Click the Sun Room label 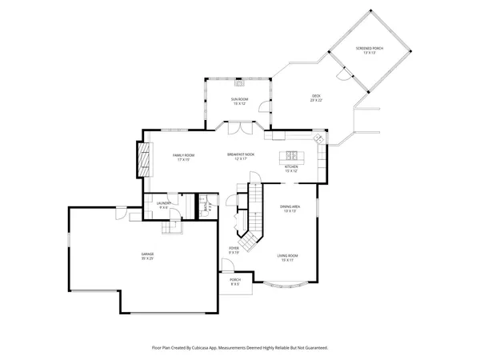pos(240,101)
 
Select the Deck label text pos(316,98)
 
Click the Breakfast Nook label pos(240,157)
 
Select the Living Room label pos(287,258)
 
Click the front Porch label pos(235,282)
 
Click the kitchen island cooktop pos(290,154)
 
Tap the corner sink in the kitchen pos(321,139)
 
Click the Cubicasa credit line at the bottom pos(240,348)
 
